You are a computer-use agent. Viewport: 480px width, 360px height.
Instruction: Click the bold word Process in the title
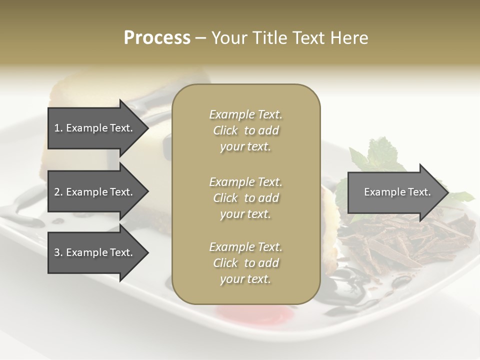pyautogui.click(x=157, y=38)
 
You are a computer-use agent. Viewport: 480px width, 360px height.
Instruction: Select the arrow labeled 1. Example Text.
pyautogui.click(x=95, y=128)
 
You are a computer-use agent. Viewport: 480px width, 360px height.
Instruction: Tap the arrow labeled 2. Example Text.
pyautogui.click(x=95, y=192)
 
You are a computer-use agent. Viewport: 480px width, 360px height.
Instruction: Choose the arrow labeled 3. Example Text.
pyautogui.click(x=95, y=252)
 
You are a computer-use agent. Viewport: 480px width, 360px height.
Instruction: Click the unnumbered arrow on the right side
pyautogui.click(x=395, y=192)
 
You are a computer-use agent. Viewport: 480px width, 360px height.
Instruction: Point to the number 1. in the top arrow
pyautogui.click(x=58, y=128)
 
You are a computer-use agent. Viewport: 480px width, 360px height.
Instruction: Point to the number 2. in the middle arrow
pyautogui.click(x=58, y=192)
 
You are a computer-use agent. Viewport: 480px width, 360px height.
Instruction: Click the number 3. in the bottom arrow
pyautogui.click(x=58, y=252)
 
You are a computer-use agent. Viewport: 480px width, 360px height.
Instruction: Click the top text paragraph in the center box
pyautogui.click(x=245, y=130)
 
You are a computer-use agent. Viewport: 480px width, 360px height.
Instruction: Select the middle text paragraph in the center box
pyautogui.click(x=245, y=198)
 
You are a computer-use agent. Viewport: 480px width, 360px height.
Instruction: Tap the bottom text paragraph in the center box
pyautogui.click(x=245, y=263)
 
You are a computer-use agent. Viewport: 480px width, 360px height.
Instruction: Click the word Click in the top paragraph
pyautogui.click(x=225, y=130)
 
